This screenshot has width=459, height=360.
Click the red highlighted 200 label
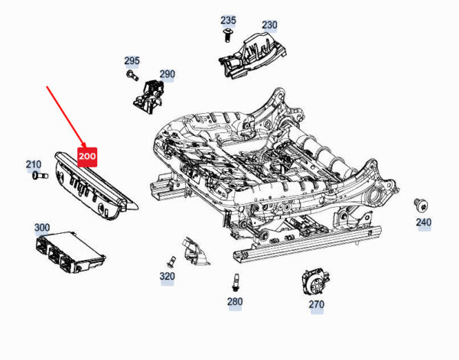(x=87, y=157)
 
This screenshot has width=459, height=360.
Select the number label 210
(x=34, y=164)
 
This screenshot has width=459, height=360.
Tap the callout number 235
(x=229, y=21)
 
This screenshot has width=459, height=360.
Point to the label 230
(x=269, y=25)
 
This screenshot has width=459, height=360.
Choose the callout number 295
(x=132, y=60)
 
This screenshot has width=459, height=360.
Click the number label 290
(x=167, y=74)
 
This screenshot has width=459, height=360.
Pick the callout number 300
(x=42, y=228)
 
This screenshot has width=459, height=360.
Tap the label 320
(x=167, y=276)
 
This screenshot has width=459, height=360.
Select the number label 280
(x=234, y=302)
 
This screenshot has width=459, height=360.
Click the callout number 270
(x=316, y=304)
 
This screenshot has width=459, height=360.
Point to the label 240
(x=423, y=222)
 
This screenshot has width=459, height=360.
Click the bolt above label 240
(x=418, y=203)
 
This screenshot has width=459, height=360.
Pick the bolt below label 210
(x=36, y=177)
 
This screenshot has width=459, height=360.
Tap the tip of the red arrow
(x=83, y=143)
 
